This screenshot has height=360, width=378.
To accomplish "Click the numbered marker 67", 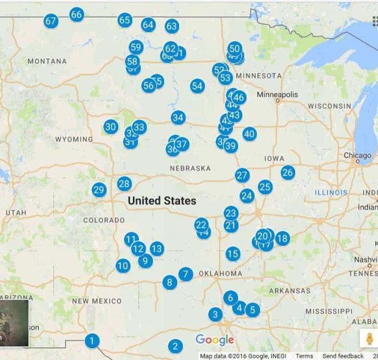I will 51,22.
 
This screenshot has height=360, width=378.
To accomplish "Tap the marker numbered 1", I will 92,341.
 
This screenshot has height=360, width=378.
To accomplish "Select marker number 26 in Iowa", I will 287,172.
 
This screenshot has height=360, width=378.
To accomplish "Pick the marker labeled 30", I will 111,127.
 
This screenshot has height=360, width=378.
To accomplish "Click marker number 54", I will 197,86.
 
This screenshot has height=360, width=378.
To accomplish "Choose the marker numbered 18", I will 282,239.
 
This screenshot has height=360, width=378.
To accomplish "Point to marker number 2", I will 175,346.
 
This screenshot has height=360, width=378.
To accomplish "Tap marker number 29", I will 99,190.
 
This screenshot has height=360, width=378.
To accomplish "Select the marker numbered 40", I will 249,134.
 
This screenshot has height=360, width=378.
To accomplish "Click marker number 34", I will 178,117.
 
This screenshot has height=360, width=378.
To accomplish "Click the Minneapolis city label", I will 277,95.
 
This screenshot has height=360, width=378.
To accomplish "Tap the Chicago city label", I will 357,156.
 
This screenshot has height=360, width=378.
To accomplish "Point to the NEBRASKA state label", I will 190,168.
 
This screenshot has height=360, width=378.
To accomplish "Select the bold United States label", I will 162,201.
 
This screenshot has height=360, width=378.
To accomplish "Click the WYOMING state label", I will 74,139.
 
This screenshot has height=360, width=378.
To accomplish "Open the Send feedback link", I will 343,356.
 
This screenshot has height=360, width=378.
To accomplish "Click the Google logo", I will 215,340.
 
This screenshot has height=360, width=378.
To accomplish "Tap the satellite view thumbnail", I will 13,323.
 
